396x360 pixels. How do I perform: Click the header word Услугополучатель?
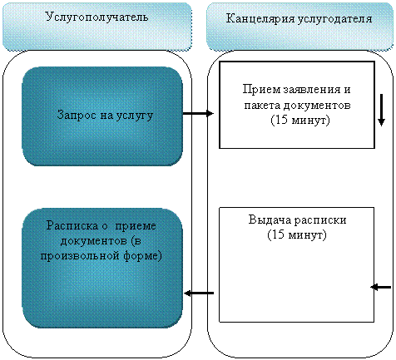tap(97, 17)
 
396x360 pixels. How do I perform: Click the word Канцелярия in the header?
tap(260, 19)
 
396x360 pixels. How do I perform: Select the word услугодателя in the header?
tap(335, 19)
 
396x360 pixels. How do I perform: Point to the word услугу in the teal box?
tap(135, 116)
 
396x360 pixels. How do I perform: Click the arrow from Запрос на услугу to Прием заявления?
tap(198, 113)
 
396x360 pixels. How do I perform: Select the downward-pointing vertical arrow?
tap(381, 110)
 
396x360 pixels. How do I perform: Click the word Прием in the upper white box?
tap(261, 90)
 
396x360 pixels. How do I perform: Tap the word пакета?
tap(262, 106)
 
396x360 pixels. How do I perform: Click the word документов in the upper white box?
tap(317, 106)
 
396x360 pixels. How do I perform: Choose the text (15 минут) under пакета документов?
tap(300, 121)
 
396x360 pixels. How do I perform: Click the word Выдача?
tap(270, 219)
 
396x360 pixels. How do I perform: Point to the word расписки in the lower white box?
tap(320, 220)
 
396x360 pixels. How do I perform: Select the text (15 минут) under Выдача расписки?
tap(297, 235)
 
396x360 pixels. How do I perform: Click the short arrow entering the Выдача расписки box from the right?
tap(381, 287)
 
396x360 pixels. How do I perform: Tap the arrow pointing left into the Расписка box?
tap(199, 293)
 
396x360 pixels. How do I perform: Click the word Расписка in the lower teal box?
tap(72, 225)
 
